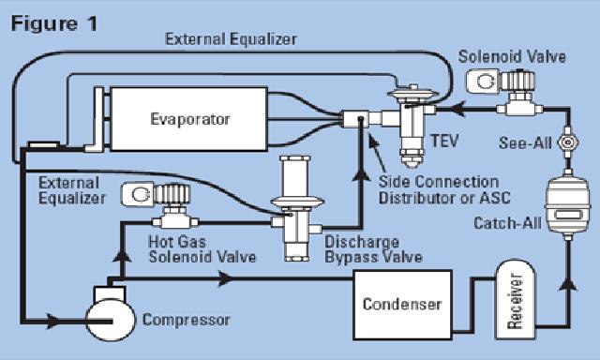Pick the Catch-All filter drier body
(563, 208)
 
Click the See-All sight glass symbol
(565, 145)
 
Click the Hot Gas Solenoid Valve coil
(142, 196)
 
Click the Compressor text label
(186, 321)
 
